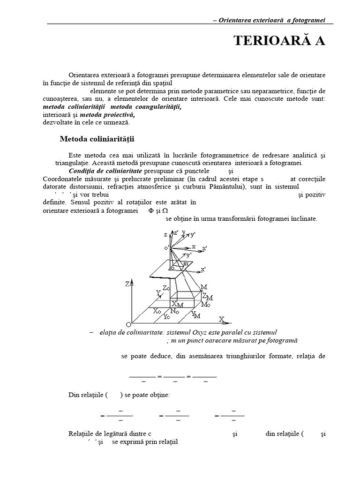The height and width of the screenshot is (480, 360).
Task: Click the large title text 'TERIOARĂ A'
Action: pos(279,41)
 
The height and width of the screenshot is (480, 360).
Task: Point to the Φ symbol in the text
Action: pos(151,211)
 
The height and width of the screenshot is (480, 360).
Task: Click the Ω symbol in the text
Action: pos(165,211)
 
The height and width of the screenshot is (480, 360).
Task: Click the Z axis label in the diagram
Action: pos(127,284)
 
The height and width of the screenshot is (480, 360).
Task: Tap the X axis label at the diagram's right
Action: pos(222,319)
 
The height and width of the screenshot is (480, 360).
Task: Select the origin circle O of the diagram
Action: pos(128,324)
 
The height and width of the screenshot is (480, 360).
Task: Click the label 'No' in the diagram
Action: pos(174,311)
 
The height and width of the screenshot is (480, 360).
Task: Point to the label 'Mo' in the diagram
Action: pos(205,305)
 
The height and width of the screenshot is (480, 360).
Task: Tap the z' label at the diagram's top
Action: pos(176,232)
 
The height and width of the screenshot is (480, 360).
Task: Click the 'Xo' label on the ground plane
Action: pos(158,310)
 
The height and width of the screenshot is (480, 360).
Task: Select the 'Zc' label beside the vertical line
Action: pos(166,288)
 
